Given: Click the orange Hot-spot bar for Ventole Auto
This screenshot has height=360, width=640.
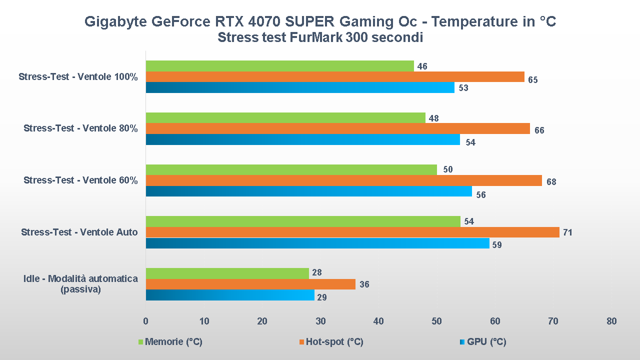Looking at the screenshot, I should pos(352,232).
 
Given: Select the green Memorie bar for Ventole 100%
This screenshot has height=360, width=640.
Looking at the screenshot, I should pos(280,66).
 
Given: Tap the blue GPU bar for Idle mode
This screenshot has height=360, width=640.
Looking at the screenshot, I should pos(230,295).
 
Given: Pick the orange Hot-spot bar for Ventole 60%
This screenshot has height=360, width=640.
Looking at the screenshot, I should pos(344,180).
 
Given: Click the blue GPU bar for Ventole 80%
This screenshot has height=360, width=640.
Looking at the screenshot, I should pos(303,139).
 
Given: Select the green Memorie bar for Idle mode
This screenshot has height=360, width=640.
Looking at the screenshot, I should pos(227,273).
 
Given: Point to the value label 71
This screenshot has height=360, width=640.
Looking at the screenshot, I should pos(567,232).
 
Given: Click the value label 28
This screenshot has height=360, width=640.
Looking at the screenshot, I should pos(317,272).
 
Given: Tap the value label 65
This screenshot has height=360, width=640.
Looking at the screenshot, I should pos(532,80).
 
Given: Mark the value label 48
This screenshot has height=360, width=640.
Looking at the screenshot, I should pos(433,118).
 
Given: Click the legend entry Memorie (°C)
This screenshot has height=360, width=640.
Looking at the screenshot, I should pos(173,342).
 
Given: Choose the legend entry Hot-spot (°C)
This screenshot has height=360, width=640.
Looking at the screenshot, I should pos(334,342).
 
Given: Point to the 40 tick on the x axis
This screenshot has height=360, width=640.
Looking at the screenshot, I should pos(378,321).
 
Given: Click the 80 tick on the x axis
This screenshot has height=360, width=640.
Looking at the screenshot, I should pos(611,321).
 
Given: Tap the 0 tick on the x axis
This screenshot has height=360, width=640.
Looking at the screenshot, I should pos(145,321).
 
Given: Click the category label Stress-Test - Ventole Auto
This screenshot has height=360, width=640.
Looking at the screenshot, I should pos(79,232).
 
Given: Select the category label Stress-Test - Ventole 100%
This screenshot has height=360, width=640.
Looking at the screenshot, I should pos(78,77).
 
